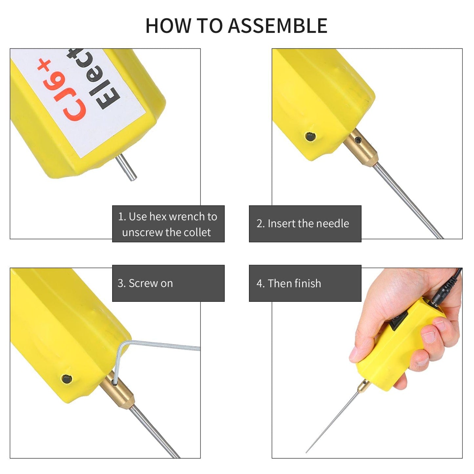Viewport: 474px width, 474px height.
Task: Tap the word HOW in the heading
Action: (168, 26)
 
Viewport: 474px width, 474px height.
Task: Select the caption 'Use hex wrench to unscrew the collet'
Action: (168, 224)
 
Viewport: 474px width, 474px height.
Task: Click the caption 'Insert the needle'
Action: (305, 224)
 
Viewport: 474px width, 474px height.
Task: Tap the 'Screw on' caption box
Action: (168, 283)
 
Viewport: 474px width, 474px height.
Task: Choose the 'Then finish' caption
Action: (305, 283)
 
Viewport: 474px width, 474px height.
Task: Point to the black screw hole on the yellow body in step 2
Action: (310, 136)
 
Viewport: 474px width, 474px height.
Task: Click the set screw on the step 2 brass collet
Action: (359, 141)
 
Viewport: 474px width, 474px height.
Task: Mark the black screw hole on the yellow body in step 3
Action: (67, 379)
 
